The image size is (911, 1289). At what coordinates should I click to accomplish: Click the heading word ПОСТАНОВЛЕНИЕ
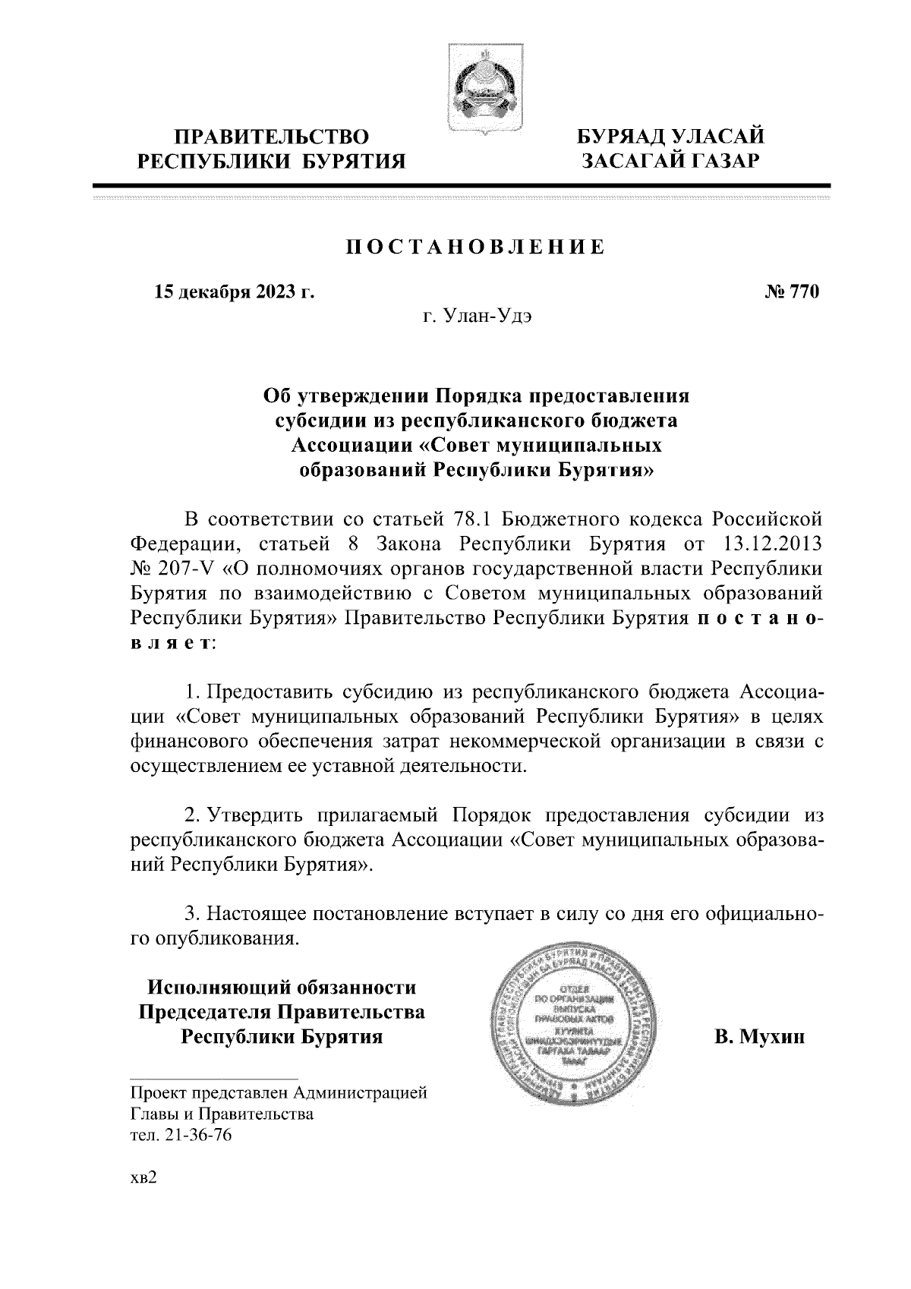click(475, 247)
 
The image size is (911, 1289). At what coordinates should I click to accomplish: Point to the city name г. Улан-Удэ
click(477, 315)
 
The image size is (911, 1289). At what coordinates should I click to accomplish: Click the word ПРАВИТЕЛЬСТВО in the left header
click(272, 137)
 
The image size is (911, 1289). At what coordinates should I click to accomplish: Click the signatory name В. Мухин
click(758, 1036)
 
